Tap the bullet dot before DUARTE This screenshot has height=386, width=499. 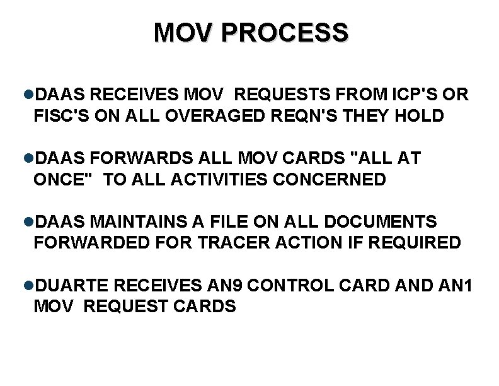coord(32,286)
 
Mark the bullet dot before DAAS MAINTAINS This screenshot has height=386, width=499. coord(32,222)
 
